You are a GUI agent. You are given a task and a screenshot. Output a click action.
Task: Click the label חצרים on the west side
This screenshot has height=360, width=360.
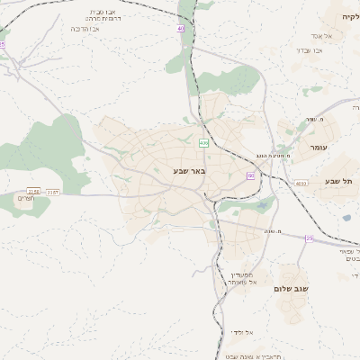click(25, 199)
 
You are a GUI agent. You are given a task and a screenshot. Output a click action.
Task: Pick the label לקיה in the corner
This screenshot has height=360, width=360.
click(350, 17)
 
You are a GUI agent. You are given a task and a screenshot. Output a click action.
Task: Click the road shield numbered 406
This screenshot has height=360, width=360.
click(203, 143)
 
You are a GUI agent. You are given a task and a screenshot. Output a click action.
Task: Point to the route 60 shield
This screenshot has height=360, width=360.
click(250, 175)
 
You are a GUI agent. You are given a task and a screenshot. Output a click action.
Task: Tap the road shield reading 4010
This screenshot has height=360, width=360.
click(301, 183)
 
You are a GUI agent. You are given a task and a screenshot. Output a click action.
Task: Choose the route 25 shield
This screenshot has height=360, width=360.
click(309, 238)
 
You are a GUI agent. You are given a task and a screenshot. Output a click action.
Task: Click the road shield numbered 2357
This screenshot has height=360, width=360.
click(53, 191)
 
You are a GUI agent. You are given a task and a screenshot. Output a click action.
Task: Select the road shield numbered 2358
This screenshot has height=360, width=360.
click(34, 191)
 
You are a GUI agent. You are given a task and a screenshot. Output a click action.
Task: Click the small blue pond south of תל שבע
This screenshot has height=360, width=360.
click(346, 217)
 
